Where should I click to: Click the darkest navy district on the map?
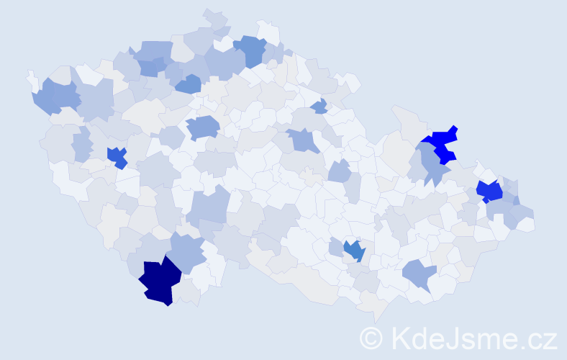tap(160, 281)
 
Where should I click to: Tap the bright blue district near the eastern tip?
tap(491, 192)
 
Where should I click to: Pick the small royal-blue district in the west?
tap(117, 156)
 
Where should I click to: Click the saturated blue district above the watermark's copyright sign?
tap(353, 250)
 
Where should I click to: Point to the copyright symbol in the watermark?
tap(372, 338)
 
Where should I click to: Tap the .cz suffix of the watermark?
tap(535, 338)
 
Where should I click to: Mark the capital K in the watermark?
tap(398, 338)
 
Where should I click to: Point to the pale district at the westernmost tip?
tap(32, 78)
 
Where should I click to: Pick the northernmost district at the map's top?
tap(214, 19)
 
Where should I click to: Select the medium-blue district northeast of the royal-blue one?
tap(202, 127)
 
